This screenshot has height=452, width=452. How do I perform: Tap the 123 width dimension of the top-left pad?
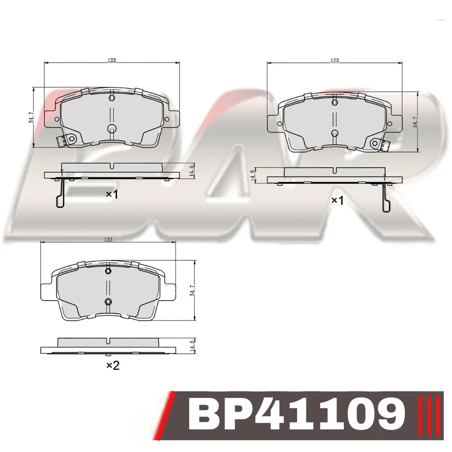click(x=112, y=60)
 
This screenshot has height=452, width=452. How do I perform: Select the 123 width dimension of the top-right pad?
click(x=334, y=60)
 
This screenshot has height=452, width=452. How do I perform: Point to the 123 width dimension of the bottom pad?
click(x=108, y=239)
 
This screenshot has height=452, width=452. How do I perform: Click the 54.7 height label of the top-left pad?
click(x=31, y=117)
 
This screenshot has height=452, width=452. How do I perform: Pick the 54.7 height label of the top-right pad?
click(x=415, y=122)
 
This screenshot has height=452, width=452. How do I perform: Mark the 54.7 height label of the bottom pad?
click(x=193, y=290)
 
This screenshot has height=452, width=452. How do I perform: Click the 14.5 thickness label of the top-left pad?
click(x=192, y=170)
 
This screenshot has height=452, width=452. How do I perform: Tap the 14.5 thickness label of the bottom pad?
click(x=193, y=345)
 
